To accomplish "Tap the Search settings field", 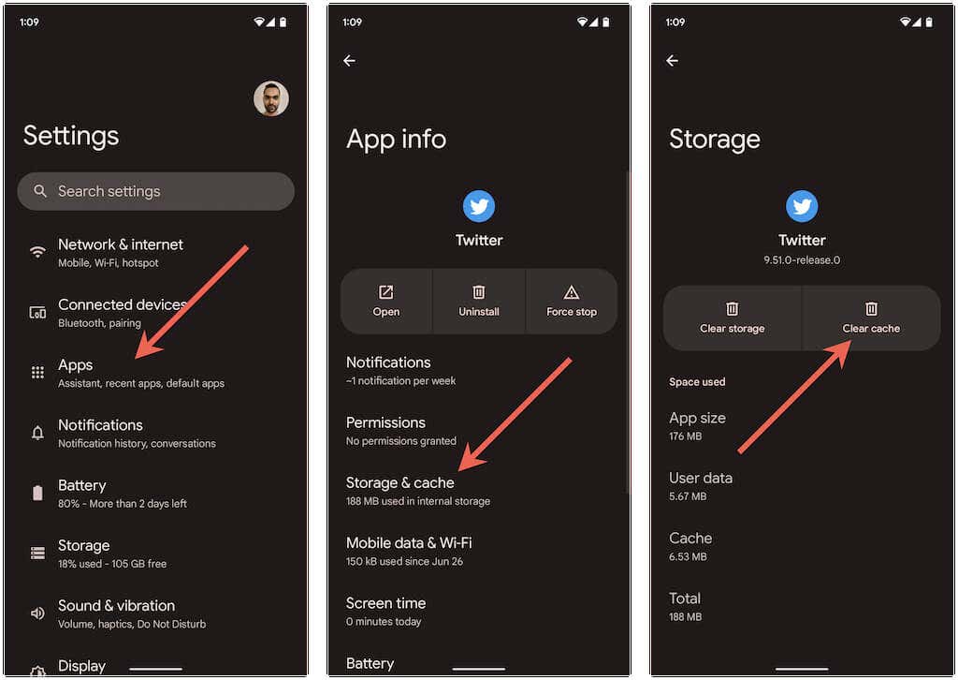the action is point(156,191).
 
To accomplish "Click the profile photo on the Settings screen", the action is point(270,98).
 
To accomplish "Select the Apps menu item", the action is point(141,373).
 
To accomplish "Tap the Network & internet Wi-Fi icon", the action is point(37,251).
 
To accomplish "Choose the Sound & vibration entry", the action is point(132,613).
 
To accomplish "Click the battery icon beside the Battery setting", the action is point(37,493).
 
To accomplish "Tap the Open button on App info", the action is point(386,302).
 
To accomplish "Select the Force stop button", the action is point(572,302).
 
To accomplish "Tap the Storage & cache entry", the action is point(418,491).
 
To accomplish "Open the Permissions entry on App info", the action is point(400,431).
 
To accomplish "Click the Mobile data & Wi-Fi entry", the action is point(409,551).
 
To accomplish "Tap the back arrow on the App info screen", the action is point(350,61).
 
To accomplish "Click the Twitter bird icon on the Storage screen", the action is point(802,206).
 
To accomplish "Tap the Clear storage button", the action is point(732,318).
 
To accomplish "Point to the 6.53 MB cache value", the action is point(688,556).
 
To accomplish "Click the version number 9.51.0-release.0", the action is point(802,259).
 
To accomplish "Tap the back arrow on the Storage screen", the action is point(672,61).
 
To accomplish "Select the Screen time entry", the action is point(385,612).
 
